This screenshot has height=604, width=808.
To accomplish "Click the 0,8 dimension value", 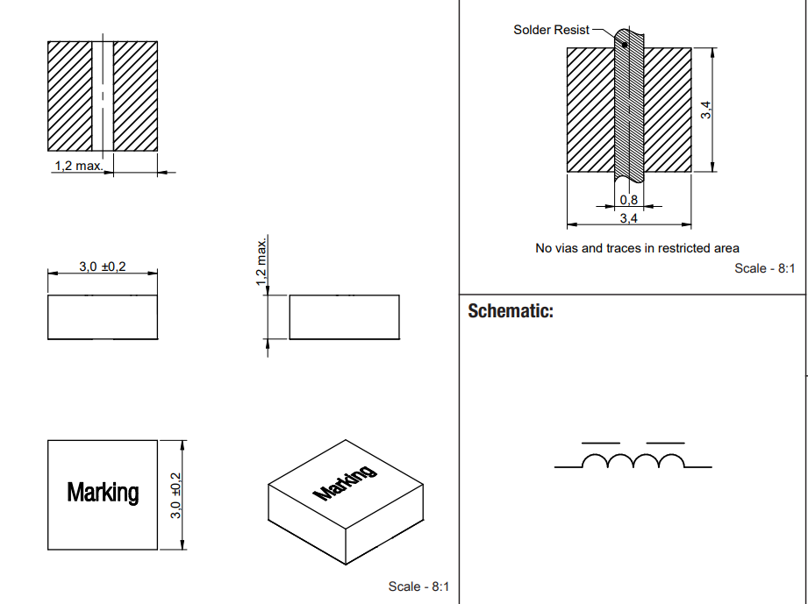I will coord(628,200).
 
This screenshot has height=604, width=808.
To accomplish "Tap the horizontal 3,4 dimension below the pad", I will coord(628,217).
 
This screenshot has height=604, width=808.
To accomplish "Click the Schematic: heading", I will coord(511,311).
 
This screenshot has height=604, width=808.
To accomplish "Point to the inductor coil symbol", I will coord(633,461).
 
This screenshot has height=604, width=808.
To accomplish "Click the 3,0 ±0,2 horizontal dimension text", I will coord(103,266).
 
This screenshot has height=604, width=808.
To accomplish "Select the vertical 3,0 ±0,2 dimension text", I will coord(175,494).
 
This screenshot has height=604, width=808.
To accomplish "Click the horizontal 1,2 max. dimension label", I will coord(79,166).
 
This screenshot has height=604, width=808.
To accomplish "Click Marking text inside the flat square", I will coord(103,493).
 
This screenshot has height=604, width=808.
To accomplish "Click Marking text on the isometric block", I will coord(345,481).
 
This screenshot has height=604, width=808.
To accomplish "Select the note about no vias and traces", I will coord(637,248).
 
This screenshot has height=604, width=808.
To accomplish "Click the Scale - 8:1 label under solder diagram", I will coord(764,268).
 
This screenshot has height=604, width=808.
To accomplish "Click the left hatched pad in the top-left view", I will coord(70,96).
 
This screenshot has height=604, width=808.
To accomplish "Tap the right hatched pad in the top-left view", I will coord(135,96).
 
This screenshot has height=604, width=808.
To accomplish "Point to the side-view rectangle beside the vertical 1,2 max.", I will coord(344,316).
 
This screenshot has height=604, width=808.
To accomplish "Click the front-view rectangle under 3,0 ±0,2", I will coord(103,316).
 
